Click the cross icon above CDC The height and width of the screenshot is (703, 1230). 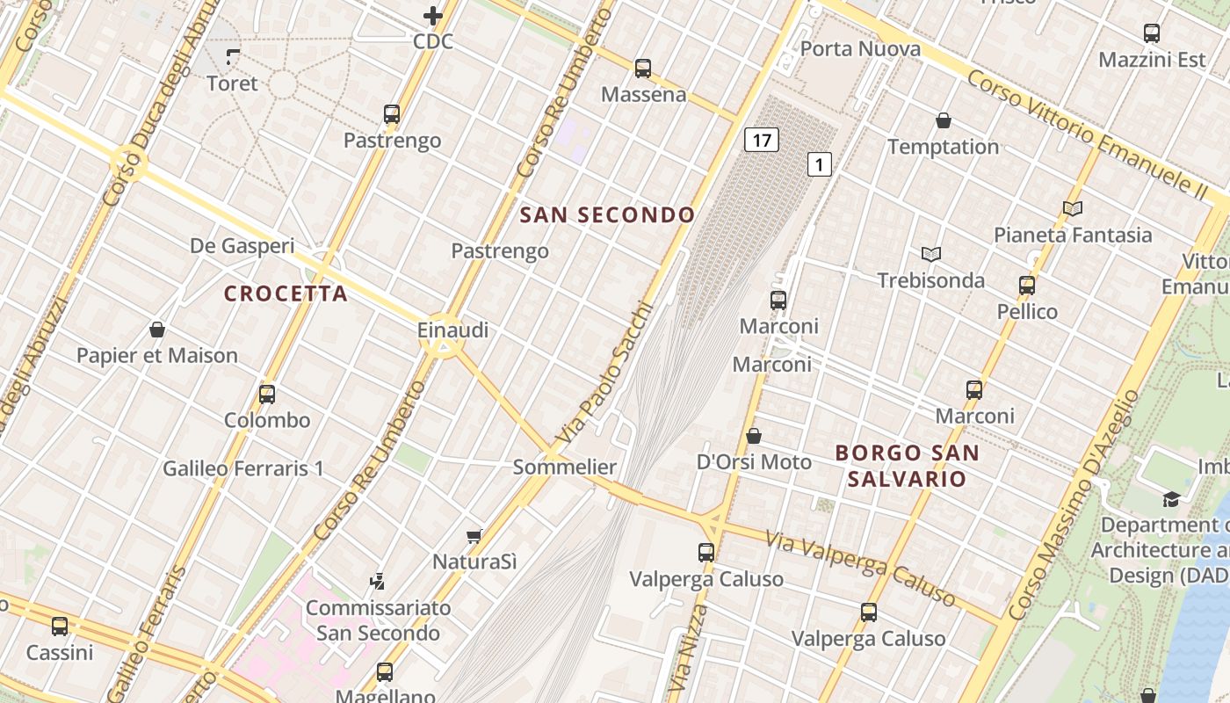(x=433, y=16)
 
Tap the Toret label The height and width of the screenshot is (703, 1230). (x=232, y=83)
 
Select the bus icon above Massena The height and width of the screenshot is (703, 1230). (x=643, y=68)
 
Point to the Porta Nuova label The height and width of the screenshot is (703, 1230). (x=860, y=48)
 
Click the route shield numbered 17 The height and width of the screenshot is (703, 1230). (x=762, y=139)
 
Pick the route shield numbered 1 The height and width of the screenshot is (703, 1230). (x=819, y=163)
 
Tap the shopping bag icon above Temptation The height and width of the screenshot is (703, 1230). (x=944, y=120)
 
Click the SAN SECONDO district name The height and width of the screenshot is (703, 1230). (x=607, y=214)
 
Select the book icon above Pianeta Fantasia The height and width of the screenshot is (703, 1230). (x=1073, y=208)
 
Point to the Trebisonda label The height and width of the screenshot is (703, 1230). (x=930, y=280)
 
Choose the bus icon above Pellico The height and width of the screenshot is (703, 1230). (x=1027, y=286)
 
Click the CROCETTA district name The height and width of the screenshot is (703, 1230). (x=286, y=294)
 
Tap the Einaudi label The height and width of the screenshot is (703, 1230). (x=452, y=330)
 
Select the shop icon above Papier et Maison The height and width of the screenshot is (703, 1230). (x=157, y=330)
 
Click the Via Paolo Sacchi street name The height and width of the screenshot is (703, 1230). (x=605, y=373)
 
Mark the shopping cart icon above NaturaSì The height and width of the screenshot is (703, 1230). (x=474, y=535)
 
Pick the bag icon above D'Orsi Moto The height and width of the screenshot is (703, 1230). (x=754, y=436)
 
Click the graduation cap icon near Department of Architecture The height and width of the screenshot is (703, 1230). (x=1171, y=499)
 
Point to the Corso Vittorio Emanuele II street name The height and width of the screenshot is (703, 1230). (x=1088, y=133)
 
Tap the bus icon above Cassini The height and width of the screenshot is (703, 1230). (x=60, y=627)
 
